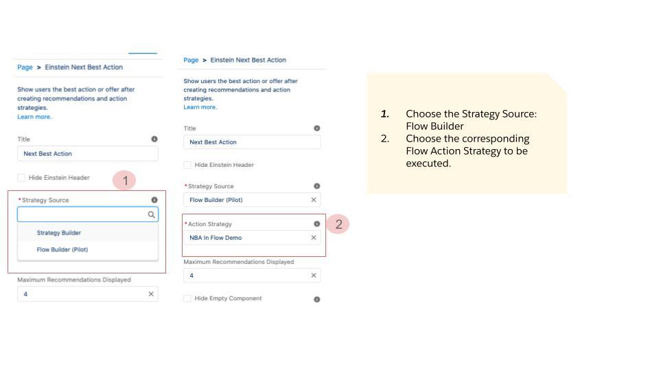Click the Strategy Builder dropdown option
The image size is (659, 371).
pos(59,233)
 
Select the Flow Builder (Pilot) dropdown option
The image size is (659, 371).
pos(62,249)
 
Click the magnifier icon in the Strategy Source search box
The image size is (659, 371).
pos(151,214)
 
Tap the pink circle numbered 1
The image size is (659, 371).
pos(124,181)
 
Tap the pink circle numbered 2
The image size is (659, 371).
pos(338,224)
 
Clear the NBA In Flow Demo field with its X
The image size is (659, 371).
pos(314,238)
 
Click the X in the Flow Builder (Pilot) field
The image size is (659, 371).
pos(314,200)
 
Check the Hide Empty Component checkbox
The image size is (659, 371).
pos(187,298)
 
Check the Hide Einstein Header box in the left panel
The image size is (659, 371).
pos(21,178)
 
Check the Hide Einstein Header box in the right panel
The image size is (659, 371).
pos(187,165)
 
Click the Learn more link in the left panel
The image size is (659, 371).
pos(34,117)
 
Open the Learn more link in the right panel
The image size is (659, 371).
pos(200,107)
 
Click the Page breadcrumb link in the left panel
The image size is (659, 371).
pos(25,67)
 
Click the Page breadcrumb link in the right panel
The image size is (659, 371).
pos(191,60)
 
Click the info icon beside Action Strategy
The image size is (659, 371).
pos(317,224)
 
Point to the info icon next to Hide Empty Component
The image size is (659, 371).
pos(317,300)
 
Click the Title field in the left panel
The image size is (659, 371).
pos(88,153)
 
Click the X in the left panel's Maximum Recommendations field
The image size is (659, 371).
pos(151,294)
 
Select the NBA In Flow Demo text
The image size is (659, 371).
pos(216,238)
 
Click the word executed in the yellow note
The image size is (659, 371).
pos(428,164)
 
